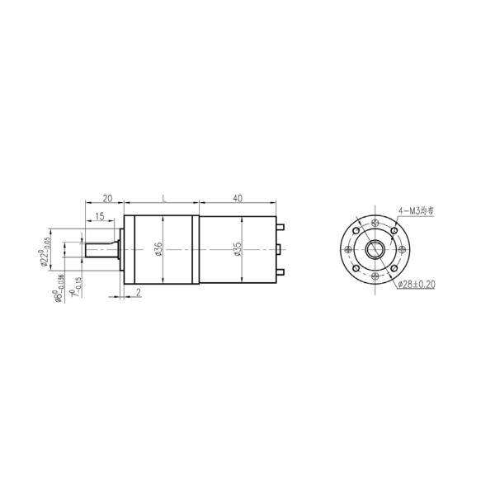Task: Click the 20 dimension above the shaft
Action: click(x=106, y=199)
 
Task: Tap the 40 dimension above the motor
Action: click(x=238, y=199)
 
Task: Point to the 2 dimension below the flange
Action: click(x=138, y=292)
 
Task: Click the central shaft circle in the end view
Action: click(x=375, y=249)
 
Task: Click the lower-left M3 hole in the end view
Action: click(x=356, y=269)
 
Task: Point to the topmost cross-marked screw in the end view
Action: click(x=375, y=222)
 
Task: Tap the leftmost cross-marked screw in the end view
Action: click(x=347, y=249)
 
